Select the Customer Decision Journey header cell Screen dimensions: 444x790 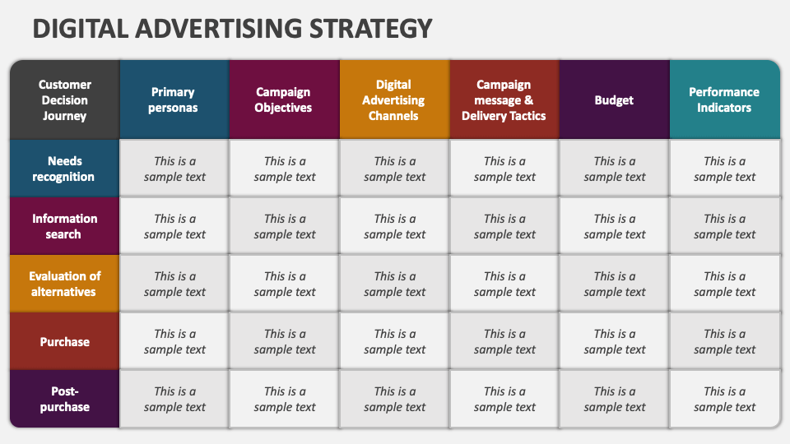[64, 100]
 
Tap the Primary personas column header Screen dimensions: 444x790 [174, 100]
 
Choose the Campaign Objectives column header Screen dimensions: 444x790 [285, 100]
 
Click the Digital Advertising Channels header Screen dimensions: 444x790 [395, 100]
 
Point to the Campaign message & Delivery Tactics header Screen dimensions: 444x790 [504, 100]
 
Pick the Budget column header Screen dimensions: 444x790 [615, 100]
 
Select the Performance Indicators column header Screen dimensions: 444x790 [724, 100]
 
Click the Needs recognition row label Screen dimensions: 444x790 [64, 169]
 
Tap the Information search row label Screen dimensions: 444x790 [64, 226]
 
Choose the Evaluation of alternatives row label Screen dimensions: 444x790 [64, 284]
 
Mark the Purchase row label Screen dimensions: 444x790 [64, 341]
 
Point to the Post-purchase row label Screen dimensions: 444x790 [64, 399]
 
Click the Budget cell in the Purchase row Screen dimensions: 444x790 [615, 341]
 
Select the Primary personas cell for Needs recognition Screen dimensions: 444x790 [174, 169]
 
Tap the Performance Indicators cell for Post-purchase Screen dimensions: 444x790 [724, 399]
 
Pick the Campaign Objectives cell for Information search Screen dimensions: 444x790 [285, 226]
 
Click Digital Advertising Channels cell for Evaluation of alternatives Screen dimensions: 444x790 [395, 284]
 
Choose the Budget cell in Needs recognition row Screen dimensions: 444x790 [615, 169]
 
